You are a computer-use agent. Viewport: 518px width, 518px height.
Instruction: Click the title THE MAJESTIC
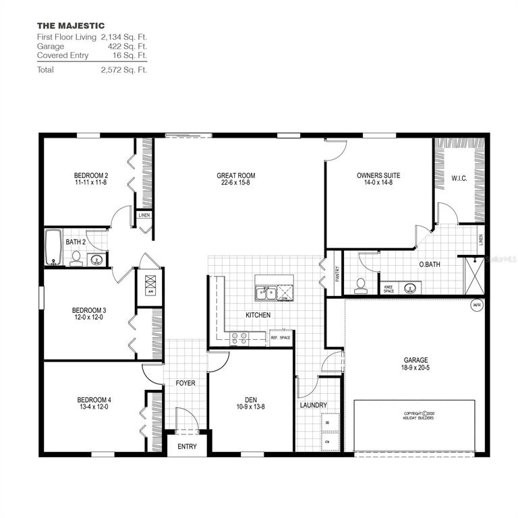click(x=71, y=26)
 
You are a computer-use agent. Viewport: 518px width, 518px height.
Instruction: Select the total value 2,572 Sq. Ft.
click(x=123, y=69)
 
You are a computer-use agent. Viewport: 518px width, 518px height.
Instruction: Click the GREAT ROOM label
click(x=235, y=175)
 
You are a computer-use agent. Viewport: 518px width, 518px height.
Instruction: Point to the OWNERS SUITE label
click(x=378, y=175)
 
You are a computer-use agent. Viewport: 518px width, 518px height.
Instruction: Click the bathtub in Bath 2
click(x=53, y=248)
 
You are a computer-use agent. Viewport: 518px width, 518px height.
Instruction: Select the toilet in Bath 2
click(x=76, y=259)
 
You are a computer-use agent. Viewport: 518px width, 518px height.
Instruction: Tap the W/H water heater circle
click(x=477, y=304)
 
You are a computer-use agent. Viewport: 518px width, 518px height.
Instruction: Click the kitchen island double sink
click(x=267, y=293)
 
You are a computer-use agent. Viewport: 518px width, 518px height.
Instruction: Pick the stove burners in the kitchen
click(x=239, y=338)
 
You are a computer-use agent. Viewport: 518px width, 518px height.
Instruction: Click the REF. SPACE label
click(x=280, y=337)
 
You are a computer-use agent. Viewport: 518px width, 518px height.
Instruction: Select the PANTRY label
click(x=335, y=273)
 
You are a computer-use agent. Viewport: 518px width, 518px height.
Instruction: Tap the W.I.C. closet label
click(x=459, y=179)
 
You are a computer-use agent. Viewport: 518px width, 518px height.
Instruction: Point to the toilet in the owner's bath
click(x=361, y=286)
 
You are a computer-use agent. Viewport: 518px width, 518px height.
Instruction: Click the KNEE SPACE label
click(x=389, y=289)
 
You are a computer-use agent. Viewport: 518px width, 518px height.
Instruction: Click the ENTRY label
click(x=187, y=447)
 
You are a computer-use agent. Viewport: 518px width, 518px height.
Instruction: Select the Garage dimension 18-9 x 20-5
click(x=415, y=369)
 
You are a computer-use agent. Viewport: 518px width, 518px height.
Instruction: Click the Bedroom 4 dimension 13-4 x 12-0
click(x=92, y=407)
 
